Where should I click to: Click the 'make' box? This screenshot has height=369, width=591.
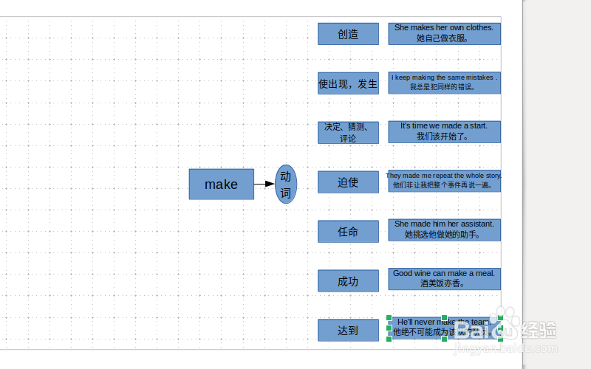pos(221,184)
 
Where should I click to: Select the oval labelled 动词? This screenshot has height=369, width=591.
pos(286,184)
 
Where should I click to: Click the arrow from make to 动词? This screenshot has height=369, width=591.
pos(264,184)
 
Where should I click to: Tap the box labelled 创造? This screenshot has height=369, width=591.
pos(348,34)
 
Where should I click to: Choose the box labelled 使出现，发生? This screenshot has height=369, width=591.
pos(348,83)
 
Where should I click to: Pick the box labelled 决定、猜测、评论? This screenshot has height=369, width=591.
pos(348,132)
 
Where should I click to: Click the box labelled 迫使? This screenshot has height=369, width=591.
pos(348,182)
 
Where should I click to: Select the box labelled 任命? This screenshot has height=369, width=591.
pos(348,231)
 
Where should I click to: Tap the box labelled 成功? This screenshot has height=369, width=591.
pos(348,280)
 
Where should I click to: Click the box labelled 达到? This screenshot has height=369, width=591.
pos(348,330)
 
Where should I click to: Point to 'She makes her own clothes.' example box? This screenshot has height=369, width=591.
pos(444,33)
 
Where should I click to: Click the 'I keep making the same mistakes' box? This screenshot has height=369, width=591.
pos(444,83)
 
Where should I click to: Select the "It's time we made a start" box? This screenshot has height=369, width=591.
pos(444,131)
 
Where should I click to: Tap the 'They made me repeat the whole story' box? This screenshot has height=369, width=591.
pos(444,181)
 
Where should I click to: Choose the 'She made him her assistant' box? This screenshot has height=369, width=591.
pos(444,230)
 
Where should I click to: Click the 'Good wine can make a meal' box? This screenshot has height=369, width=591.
pos(444,279)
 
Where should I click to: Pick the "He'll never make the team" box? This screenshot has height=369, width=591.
pos(444,328)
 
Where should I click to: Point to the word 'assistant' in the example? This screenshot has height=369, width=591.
pos(476,224)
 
